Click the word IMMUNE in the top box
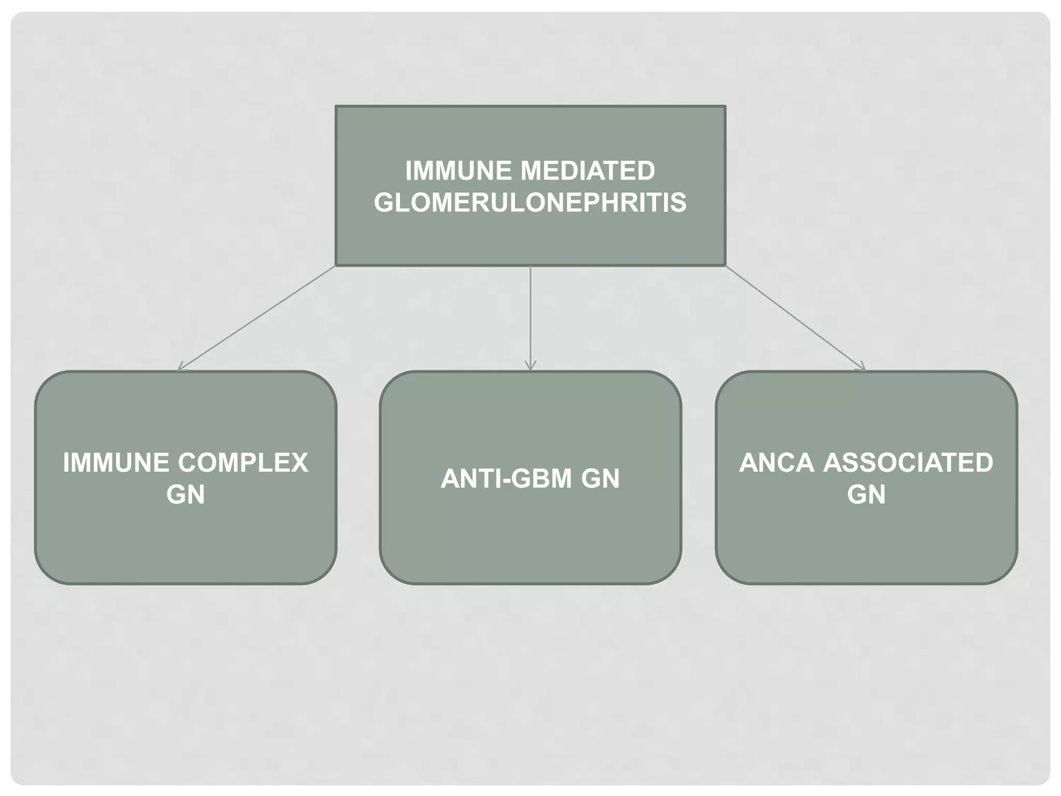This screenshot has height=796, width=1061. (x=458, y=171)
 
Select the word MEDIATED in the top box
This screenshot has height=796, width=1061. (x=587, y=171)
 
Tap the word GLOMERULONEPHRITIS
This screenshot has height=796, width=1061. (x=530, y=202)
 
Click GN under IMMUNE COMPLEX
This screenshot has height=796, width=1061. (x=185, y=494)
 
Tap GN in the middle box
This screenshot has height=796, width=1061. (x=600, y=478)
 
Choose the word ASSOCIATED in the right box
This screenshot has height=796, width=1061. (x=908, y=463)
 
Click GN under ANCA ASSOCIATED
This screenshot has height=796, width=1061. (x=866, y=494)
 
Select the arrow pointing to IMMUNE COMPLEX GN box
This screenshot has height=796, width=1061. (x=257, y=318)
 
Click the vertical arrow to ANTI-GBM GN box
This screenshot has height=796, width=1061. (x=530, y=316)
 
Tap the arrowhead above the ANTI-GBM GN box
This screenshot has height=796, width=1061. (x=530, y=367)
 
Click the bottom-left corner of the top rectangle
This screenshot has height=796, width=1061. (x=336, y=265)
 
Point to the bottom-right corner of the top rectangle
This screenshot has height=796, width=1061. (x=725, y=265)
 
